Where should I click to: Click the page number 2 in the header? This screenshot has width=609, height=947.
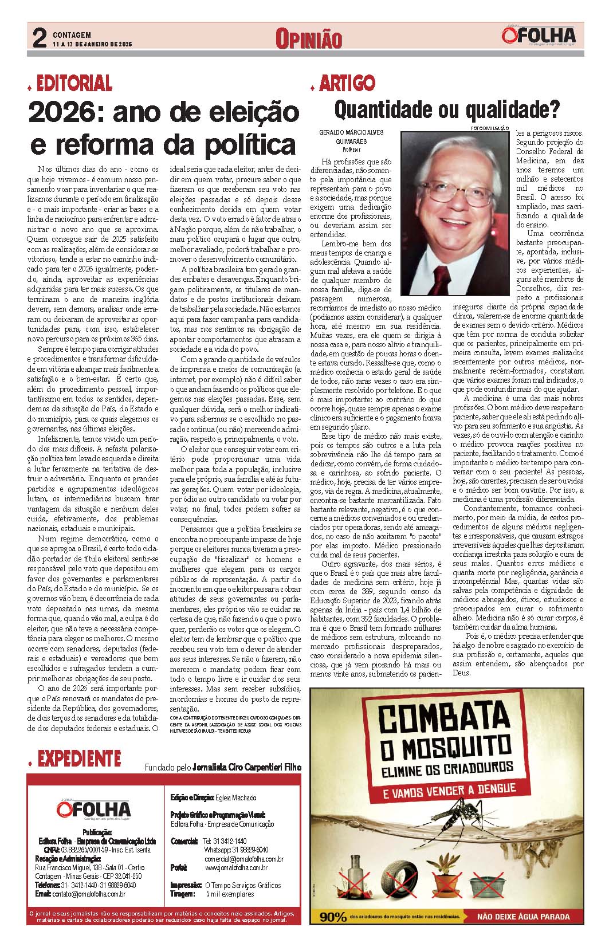click(x=38, y=38)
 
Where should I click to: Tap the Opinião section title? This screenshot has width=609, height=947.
click(x=308, y=39)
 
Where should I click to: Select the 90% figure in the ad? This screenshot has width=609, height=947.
click(x=333, y=917)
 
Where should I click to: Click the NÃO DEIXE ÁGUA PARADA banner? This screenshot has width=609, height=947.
click(x=524, y=917)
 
